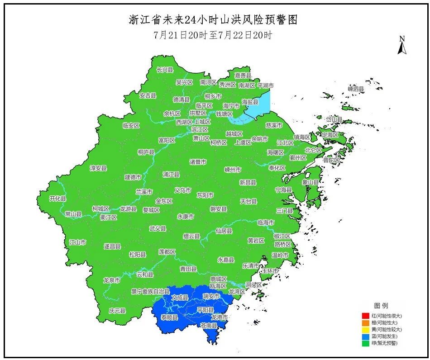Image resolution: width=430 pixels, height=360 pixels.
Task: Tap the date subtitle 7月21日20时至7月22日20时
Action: [213, 35]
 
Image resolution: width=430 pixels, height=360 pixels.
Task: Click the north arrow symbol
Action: [401, 46]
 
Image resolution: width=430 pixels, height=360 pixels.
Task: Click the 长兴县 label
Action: [165, 70]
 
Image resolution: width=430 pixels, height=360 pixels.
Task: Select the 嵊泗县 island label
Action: [356, 89]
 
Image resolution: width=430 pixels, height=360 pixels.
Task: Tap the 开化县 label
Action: [58, 199]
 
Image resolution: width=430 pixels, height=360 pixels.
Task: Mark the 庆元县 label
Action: [117, 311]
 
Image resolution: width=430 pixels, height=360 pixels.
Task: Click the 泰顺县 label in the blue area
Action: [170, 317]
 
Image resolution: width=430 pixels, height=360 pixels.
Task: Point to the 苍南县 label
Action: [209, 325]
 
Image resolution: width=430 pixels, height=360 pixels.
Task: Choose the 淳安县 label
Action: [98, 168]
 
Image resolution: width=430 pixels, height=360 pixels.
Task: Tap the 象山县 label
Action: [311, 182]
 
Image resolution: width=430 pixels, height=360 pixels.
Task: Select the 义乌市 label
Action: [183, 190]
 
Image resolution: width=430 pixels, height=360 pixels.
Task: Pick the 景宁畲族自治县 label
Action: [150, 291]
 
